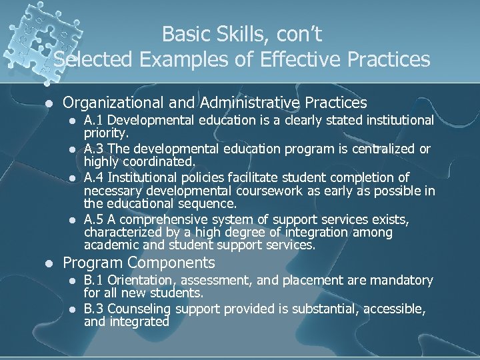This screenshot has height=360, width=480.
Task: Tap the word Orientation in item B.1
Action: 143,281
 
